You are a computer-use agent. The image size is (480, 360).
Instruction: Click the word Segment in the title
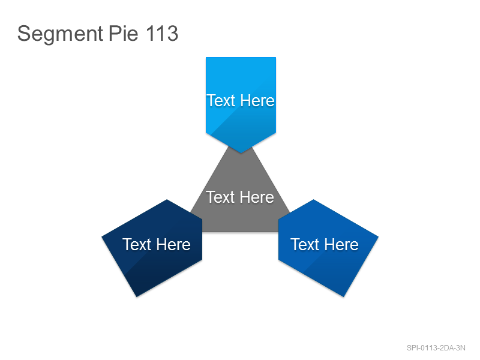click(61, 34)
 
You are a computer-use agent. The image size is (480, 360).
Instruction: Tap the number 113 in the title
click(162, 33)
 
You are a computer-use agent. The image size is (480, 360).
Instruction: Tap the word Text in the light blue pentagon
click(221, 100)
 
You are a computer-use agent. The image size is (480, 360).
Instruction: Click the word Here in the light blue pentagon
click(257, 100)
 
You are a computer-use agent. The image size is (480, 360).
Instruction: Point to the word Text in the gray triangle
click(220, 197)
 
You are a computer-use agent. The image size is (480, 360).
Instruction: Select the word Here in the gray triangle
click(257, 197)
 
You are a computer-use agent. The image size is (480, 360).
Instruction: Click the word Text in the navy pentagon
click(137, 244)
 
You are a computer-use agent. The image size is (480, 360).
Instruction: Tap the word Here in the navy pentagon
click(173, 244)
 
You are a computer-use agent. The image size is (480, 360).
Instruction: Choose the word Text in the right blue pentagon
click(305, 244)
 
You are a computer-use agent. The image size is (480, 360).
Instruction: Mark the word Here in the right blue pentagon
click(341, 244)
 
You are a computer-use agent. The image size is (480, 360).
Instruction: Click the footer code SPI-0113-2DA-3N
click(436, 348)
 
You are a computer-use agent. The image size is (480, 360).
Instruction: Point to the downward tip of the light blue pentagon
click(241, 153)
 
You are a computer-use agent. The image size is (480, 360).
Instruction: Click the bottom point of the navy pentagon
click(137, 296)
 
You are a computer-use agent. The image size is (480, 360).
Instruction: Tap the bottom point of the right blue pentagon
click(343, 296)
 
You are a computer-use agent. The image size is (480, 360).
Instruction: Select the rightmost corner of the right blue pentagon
click(379, 236)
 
